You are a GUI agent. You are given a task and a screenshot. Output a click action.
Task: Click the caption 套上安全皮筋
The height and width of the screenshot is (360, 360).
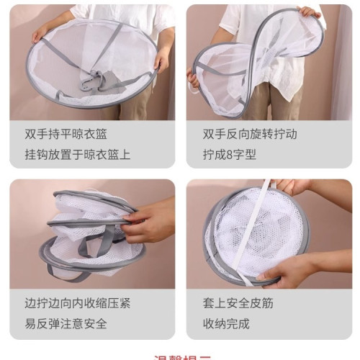coord(233,303)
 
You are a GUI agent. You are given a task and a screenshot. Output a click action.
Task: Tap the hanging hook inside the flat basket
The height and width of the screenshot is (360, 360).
coord(91,80)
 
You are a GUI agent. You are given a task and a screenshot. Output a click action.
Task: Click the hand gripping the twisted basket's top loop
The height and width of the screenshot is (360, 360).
coord(310,12)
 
